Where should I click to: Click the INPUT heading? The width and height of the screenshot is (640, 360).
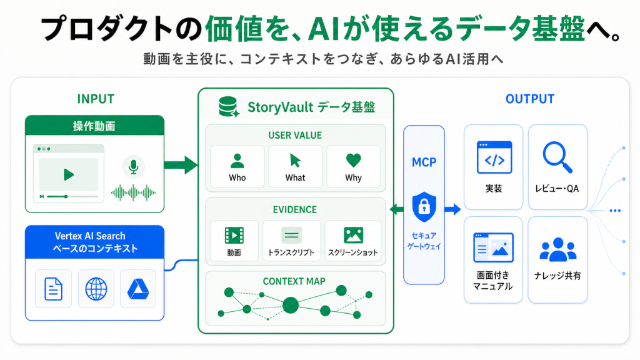[x=96, y=99]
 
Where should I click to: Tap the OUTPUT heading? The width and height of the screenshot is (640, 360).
[x=530, y=99]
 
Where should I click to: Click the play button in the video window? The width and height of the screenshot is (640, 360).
[x=69, y=175]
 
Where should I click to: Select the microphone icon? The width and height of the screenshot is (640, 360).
[x=134, y=167]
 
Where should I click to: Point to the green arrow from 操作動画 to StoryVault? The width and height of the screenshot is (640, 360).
[x=181, y=165]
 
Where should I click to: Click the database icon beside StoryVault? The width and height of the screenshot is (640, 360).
[x=229, y=107]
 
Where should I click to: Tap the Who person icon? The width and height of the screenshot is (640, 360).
[x=237, y=161]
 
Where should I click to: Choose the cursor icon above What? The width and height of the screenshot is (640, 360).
[x=295, y=161]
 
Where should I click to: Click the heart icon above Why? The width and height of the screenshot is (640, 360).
[x=354, y=160]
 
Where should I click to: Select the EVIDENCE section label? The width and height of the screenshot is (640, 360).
[x=295, y=209]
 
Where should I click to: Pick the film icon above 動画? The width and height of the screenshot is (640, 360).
[x=234, y=236]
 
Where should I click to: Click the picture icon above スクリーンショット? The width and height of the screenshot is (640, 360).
[x=354, y=235]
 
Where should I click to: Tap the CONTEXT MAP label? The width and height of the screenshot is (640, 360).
[x=294, y=281]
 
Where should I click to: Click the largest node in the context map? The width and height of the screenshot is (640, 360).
[x=291, y=305]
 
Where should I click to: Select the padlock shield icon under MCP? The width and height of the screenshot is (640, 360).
[x=424, y=207]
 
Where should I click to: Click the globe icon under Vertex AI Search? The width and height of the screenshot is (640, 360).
[x=96, y=289]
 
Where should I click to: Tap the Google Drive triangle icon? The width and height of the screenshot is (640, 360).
[x=138, y=289]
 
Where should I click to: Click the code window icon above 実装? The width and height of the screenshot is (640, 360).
[x=494, y=157]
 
